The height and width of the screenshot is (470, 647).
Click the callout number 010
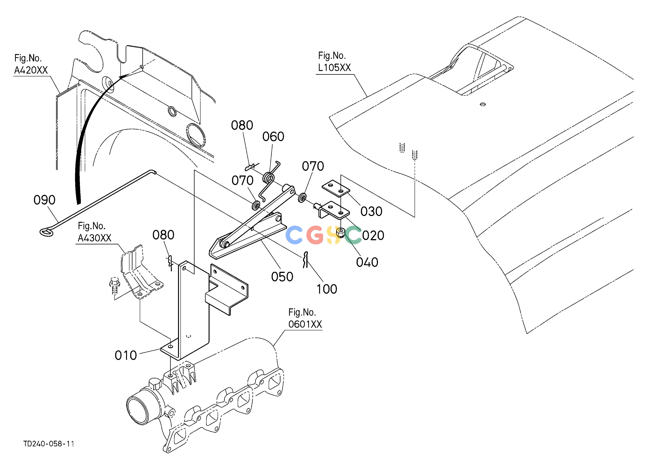click(125, 355)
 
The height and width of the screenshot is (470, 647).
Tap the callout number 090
click(44, 200)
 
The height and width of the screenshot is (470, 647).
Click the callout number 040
click(367, 262)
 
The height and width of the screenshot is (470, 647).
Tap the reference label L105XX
click(334, 68)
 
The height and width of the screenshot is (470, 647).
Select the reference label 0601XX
click(305, 324)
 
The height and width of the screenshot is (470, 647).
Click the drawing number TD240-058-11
click(49, 444)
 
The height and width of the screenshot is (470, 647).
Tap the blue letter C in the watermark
click(294, 235)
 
